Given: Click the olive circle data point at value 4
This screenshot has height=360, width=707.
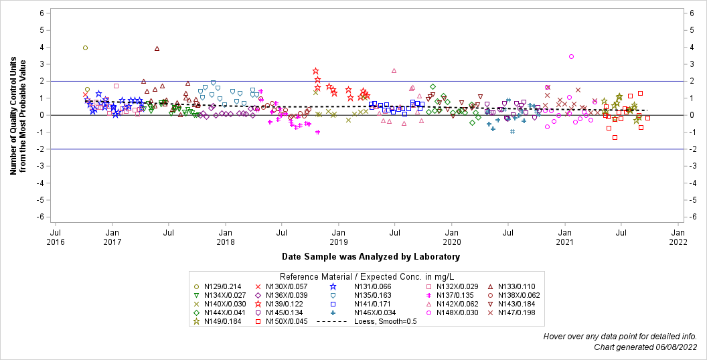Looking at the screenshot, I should tap(85, 48).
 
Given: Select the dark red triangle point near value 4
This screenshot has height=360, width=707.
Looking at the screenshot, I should tap(157, 48).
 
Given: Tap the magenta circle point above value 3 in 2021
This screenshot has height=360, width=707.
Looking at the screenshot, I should tap(571, 57).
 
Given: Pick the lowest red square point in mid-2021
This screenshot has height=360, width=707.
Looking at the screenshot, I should tap(615, 138).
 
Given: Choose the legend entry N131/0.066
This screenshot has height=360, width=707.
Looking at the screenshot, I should tap(372, 286).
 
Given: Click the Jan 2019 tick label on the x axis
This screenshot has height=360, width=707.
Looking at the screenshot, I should tap(338, 237).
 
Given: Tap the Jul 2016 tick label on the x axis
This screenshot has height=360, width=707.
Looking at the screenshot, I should tap(56, 237).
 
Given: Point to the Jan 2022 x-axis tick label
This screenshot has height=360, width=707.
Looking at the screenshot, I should tap(678, 237).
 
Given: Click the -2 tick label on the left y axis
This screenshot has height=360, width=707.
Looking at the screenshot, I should tap(41, 149).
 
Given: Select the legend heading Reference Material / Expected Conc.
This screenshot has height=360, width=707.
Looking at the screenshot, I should tap(366, 276).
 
